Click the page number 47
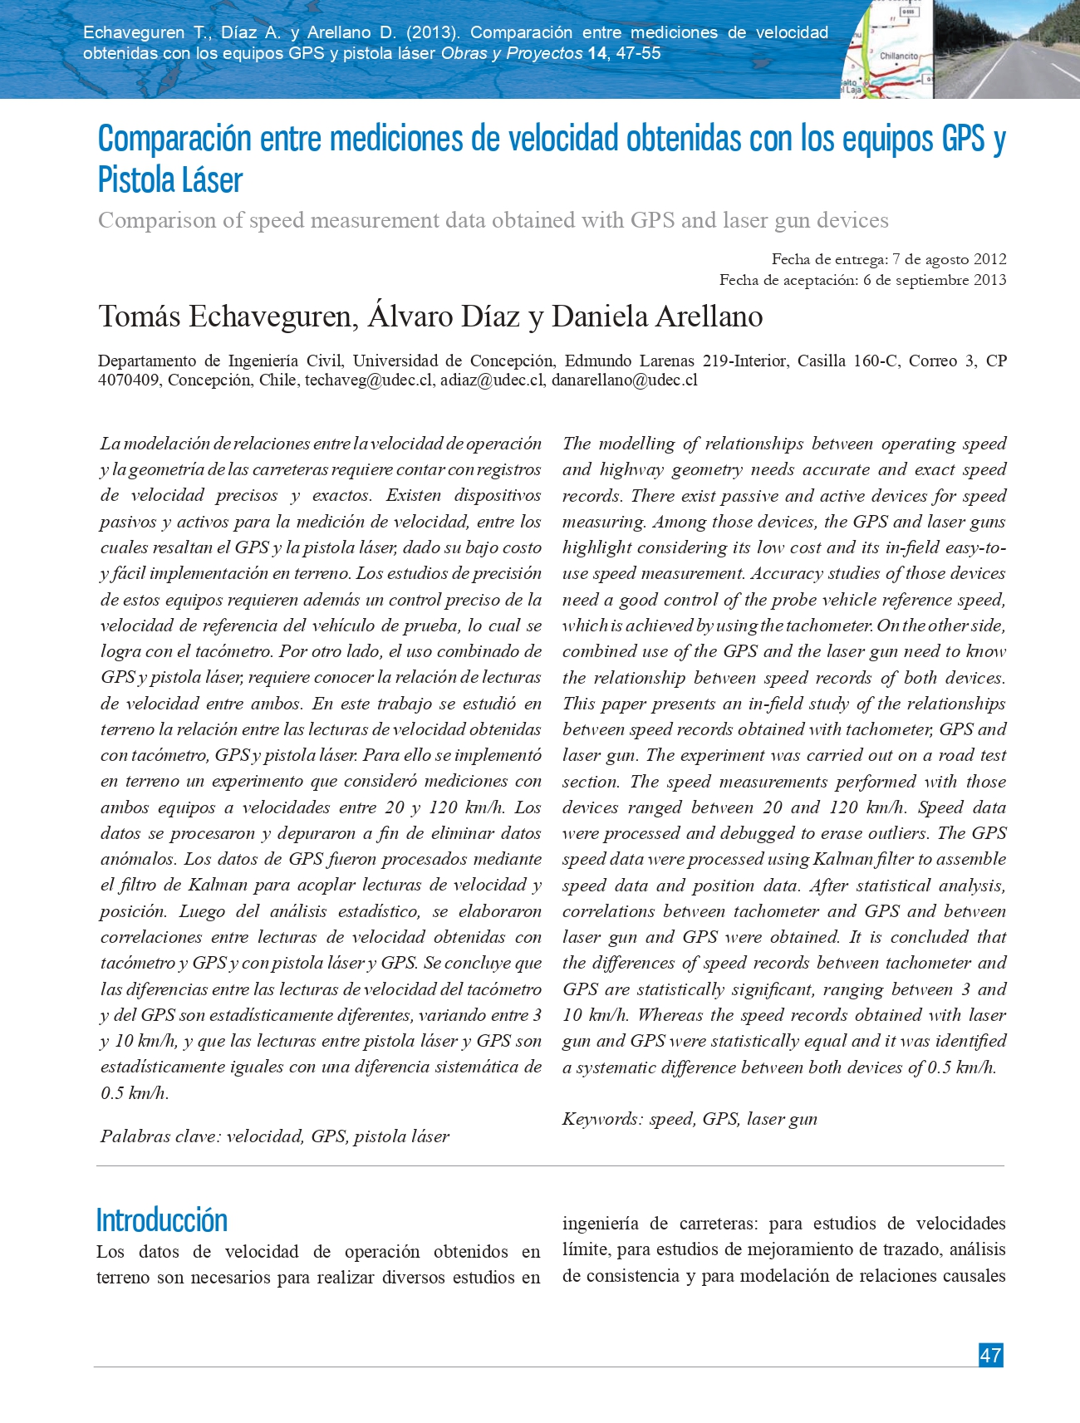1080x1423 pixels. coord(990,1355)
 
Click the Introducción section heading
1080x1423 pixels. coord(162,1220)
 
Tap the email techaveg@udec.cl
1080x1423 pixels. coord(369,380)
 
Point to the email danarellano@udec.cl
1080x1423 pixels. coord(625,380)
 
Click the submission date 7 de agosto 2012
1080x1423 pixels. coord(950,259)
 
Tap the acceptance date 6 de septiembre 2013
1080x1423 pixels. coord(935,280)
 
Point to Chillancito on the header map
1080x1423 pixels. coord(899,56)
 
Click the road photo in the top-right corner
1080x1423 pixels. coord(1007,49)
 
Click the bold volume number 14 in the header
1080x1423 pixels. coord(596,53)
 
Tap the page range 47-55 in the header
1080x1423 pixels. coord(638,53)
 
